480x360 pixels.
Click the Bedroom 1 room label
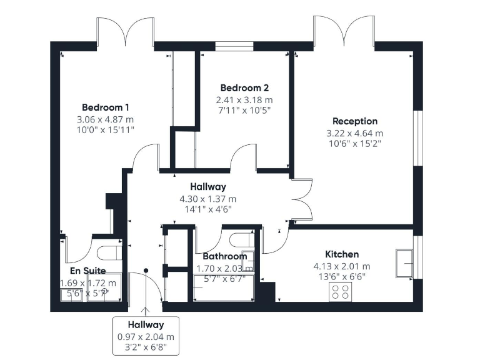pos(106,107)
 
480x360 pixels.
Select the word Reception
pos(355,121)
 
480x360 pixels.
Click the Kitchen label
pos(342,254)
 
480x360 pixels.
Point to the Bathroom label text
pos(225,256)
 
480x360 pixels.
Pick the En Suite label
pos(87,271)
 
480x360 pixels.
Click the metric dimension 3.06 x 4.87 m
pos(106,119)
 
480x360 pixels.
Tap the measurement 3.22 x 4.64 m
pos(355,133)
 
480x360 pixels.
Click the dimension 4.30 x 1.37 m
pos(207,199)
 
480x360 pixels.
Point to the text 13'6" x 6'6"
pos(342,276)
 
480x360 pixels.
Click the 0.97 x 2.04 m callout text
pos(146,336)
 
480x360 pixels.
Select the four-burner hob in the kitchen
pos(341,291)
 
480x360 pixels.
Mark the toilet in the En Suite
pos(111,252)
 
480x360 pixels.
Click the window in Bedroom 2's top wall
pos(234,46)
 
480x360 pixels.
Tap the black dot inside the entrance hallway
pos(146,270)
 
